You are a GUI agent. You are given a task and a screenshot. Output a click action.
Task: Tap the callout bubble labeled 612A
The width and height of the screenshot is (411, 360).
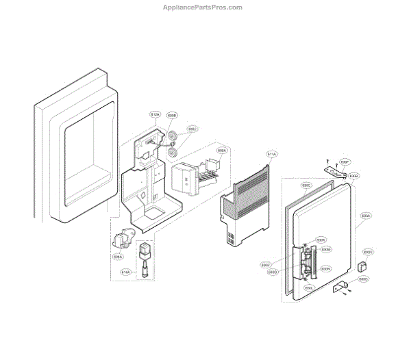pyautogui.click(x=155, y=114)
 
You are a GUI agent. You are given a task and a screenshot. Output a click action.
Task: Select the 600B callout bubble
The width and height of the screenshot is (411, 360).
pyautogui.click(x=172, y=116)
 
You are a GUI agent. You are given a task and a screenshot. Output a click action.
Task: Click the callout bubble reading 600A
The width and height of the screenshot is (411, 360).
pyautogui.click(x=222, y=151)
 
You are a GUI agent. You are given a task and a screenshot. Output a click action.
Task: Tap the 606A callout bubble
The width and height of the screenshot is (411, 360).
pyautogui.click(x=118, y=257)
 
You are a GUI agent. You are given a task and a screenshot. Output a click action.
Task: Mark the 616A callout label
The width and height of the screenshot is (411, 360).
pyautogui.click(x=125, y=272)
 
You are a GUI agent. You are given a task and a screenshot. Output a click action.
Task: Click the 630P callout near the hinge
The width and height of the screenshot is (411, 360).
pyautogui.click(x=346, y=162)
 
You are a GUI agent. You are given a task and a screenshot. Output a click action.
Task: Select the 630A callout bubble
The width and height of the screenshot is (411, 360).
pyautogui.click(x=366, y=216)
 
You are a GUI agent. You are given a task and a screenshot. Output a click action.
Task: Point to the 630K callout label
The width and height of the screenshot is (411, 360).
pyautogui.click(x=321, y=240)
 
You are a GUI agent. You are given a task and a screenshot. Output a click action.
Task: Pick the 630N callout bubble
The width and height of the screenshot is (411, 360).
pyautogui.click(x=326, y=269)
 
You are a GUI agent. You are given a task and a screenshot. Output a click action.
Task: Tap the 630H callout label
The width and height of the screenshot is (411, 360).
pyautogui.click(x=368, y=251)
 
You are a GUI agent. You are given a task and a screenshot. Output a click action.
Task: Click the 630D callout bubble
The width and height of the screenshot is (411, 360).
pyautogui.click(x=273, y=272)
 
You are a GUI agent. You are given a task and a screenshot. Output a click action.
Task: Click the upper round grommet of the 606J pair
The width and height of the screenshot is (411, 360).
pyautogui.click(x=174, y=133)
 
